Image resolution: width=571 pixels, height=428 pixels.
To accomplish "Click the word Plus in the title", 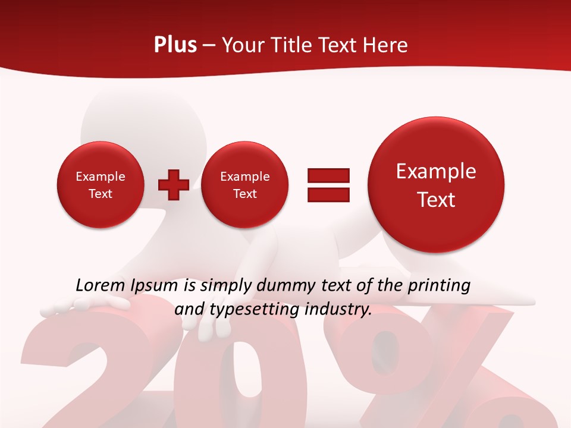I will tap(175, 45).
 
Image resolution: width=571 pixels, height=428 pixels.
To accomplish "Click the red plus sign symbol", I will tap(174, 185).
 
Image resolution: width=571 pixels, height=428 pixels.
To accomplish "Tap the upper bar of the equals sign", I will tap(328, 175).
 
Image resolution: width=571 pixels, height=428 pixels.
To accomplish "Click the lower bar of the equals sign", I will tap(328, 194).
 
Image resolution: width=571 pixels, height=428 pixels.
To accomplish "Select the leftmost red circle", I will tap(101, 185).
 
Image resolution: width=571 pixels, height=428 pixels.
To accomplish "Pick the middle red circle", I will tap(244, 185).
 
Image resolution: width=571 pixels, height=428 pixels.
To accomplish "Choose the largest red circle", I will tap(436, 185).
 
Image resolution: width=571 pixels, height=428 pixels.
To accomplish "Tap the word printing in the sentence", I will tap(439, 285).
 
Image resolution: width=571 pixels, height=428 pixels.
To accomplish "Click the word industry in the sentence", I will tap(338, 309).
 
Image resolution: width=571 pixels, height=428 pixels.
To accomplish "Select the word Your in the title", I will tap(242, 45).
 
